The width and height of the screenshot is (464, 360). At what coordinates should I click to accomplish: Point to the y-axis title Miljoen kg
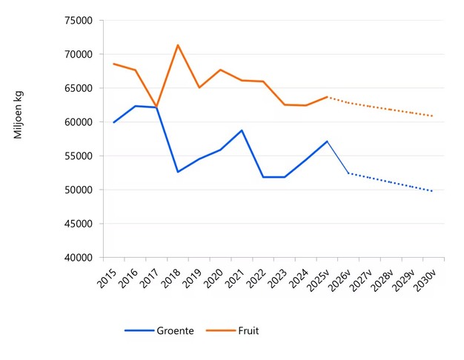click(19, 116)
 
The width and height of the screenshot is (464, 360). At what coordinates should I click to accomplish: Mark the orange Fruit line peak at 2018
click(178, 45)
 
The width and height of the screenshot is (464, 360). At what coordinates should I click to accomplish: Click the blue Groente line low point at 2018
click(178, 172)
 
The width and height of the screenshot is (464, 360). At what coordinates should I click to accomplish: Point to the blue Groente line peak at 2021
click(242, 130)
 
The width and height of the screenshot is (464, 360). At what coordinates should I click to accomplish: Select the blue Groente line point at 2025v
click(327, 141)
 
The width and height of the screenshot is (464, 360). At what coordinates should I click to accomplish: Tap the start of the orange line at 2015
click(113, 64)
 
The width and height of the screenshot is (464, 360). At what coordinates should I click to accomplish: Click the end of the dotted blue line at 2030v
click(433, 191)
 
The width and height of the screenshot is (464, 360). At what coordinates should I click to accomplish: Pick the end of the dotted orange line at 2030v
click(433, 116)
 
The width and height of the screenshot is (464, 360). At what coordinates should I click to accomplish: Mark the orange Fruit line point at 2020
click(220, 70)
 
